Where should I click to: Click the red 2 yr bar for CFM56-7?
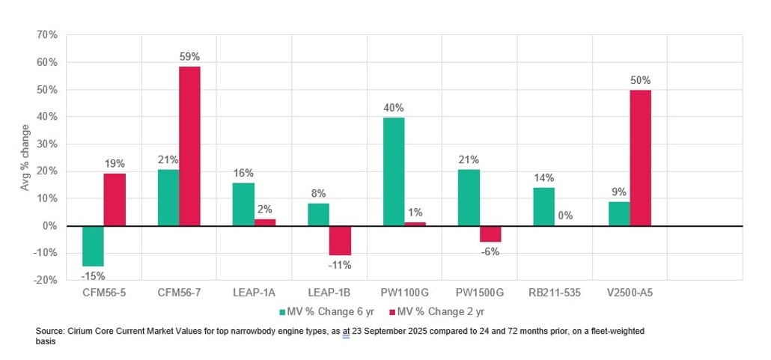pos(189,146)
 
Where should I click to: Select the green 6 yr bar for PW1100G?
pos(393,171)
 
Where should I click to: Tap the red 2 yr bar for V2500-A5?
pos(640,158)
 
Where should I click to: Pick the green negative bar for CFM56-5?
pos(93,245)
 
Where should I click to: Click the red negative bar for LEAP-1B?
pos(340,240)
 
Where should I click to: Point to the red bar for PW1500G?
pos(490,234)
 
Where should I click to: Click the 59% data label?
pos(189,57)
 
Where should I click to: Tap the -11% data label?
pos(340,264)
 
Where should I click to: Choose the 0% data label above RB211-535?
pos(565,216)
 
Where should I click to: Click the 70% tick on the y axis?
pos(47,35)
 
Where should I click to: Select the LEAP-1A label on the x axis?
pos(254,293)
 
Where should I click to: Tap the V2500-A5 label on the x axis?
pos(630,293)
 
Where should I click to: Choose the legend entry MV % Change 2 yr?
pos(439,311)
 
